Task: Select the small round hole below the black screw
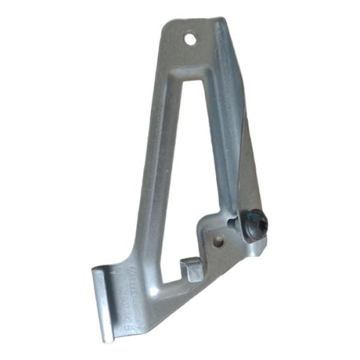pyautogui.click(x=218, y=241)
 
